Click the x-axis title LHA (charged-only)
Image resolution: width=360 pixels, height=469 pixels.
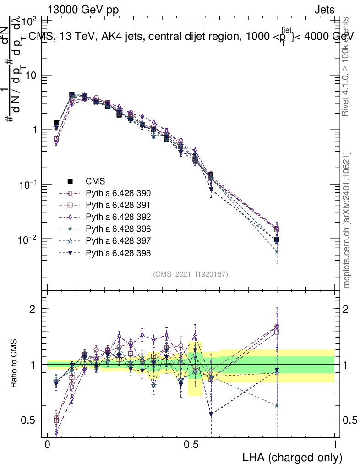(x=292, y=457)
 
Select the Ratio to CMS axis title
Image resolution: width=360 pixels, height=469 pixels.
(x=15, y=365)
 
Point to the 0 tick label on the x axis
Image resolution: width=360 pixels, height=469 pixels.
(x=47, y=444)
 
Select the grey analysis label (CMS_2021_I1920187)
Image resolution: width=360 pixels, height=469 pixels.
(x=191, y=274)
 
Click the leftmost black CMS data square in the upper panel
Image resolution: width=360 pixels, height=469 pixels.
(x=56, y=122)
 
